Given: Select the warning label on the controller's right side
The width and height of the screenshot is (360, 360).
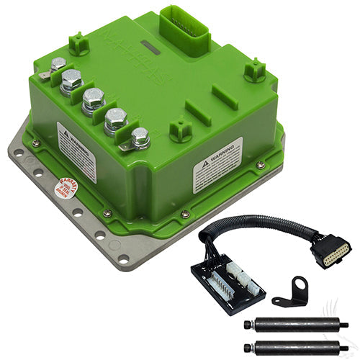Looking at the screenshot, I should point(217,165).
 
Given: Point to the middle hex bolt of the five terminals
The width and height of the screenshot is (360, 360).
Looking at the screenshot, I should point(93,98).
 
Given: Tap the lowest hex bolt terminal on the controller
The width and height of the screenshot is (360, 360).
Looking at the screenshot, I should point(140,135).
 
